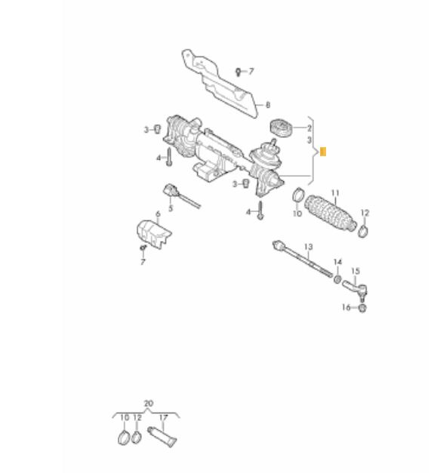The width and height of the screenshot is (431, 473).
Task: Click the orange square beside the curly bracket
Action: click(322, 152)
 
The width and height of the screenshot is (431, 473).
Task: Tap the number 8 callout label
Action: click(268, 105)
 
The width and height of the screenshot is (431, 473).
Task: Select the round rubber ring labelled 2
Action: click(281, 128)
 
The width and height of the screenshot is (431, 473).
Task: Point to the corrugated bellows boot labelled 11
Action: click(331, 214)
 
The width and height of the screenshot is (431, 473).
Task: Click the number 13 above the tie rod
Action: click(308, 247)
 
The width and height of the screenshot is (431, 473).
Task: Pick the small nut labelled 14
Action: click(337, 278)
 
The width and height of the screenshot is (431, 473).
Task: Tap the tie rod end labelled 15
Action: click(356, 289)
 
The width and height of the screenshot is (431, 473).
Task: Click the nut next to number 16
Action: click(362, 308)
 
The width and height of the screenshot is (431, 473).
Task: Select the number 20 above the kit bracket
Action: click(149, 404)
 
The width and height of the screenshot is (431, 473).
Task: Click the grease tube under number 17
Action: click(162, 437)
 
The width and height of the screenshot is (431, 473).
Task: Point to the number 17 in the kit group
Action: click(163, 418)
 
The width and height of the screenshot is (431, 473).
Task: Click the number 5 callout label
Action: click(171, 208)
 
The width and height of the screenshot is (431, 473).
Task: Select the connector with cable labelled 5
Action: click(181, 195)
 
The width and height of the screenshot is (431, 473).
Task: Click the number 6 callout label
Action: click(158, 214)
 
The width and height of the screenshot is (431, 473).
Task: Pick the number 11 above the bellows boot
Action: click(335, 193)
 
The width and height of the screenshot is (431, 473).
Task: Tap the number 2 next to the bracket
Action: click(309, 128)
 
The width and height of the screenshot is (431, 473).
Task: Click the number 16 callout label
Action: click(346, 307)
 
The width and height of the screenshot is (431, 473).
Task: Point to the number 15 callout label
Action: click(356, 271)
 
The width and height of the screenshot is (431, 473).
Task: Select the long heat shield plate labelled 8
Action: click(220, 84)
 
